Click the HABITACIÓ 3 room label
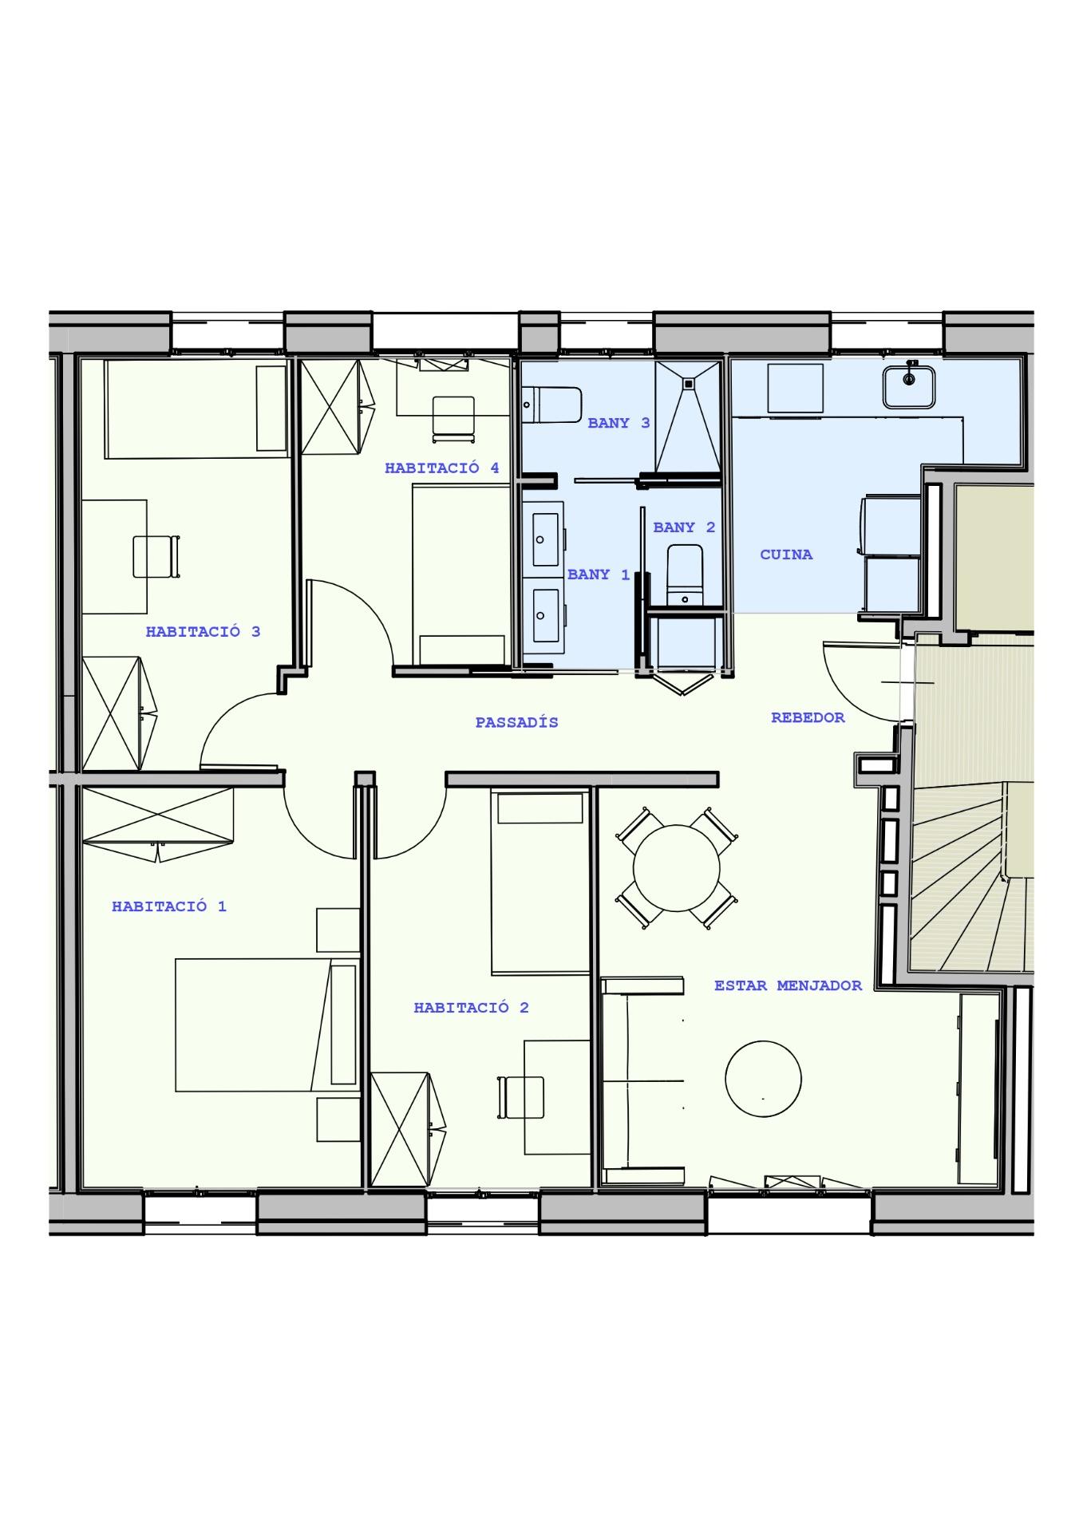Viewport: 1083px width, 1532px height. coord(203,631)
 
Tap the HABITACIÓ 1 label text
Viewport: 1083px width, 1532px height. coord(169,906)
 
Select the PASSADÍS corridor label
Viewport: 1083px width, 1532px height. coord(516,722)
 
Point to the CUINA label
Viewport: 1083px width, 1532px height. coord(786,554)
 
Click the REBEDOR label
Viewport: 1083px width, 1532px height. coord(808,717)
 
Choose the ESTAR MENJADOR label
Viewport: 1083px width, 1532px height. coord(788,985)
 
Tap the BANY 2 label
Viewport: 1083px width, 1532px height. coord(684,527)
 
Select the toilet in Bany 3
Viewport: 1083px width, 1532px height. coord(551,405)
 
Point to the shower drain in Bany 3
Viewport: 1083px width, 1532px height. coord(689,382)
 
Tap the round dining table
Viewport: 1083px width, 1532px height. coord(676,867)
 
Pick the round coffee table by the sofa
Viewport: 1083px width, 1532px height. coord(763,1078)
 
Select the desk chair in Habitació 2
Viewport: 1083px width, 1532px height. coord(521,1098)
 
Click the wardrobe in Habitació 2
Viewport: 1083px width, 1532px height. coord(407,1129)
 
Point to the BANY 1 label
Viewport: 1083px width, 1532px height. coord(599,574)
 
